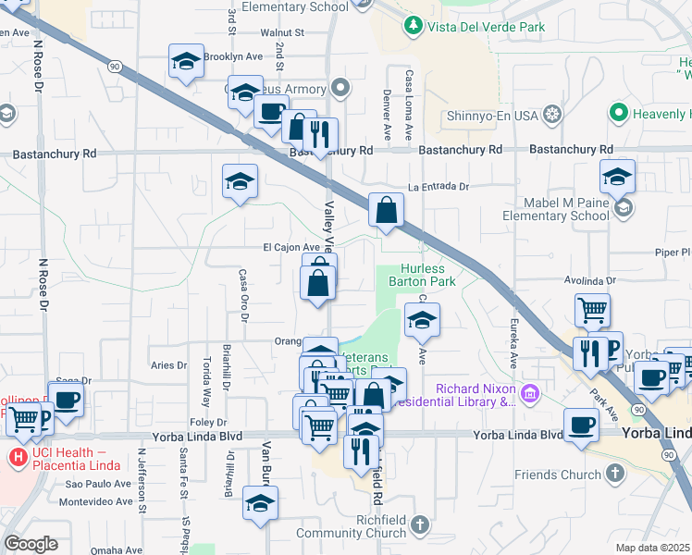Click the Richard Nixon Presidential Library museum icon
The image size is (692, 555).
[528, 395]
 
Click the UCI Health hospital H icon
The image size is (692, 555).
[17, 457]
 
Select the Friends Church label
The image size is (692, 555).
[558, 475]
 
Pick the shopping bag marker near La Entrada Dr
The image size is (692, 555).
[386, 211]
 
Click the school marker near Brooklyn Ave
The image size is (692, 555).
[186, 62]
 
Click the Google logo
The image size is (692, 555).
[31, 544]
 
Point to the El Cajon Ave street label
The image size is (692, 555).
[290, 248]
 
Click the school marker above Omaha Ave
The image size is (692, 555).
[260, 504]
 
